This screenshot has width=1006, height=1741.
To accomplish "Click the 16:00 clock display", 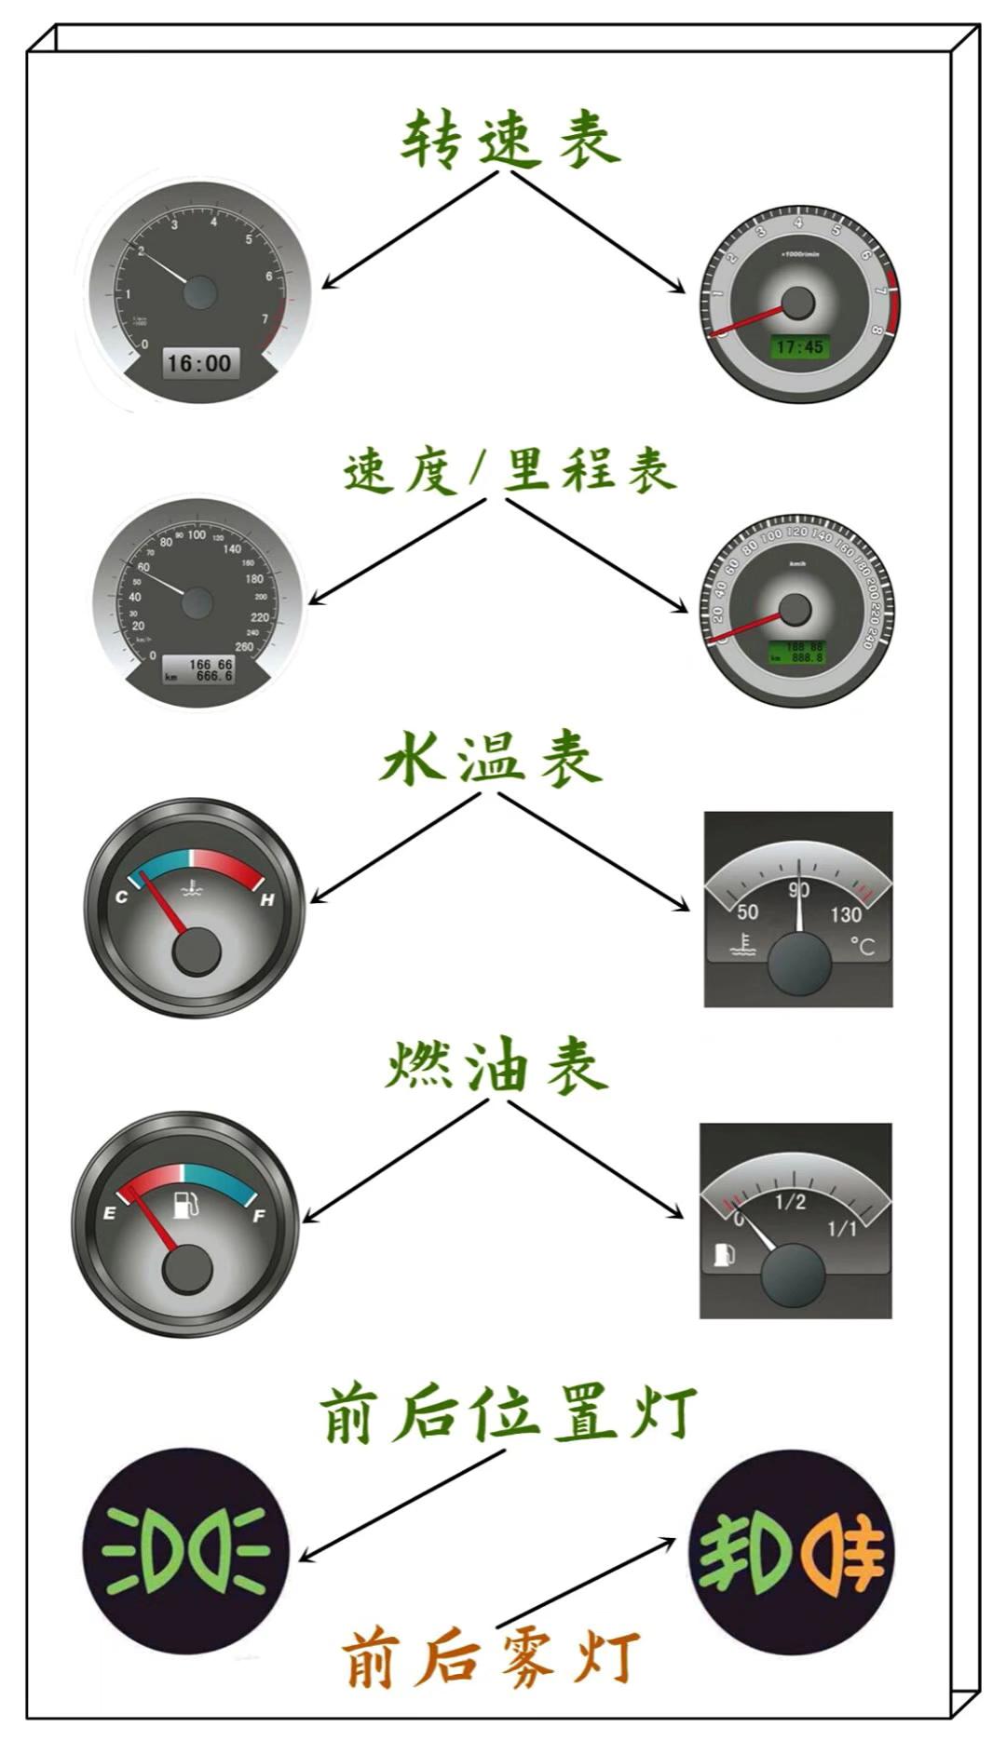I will (198, 362).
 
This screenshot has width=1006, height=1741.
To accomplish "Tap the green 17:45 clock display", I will (799, 347).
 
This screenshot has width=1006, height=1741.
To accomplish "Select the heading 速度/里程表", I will (510, 470).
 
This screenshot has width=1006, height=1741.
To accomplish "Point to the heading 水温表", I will (491, 760).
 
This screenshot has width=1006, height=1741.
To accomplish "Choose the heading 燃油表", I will (496, 1067).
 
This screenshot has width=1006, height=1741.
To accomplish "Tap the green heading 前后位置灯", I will (508, 1414).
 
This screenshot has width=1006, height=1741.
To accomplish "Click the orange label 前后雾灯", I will (491, 1657).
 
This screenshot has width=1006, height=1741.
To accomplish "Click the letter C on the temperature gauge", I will (121, 897).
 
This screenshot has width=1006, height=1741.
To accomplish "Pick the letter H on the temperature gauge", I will (267, 899).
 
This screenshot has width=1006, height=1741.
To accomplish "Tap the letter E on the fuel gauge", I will (110, 1213).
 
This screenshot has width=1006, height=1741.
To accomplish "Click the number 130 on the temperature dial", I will (845, 915).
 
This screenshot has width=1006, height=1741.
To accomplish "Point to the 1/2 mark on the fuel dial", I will (790, 1202).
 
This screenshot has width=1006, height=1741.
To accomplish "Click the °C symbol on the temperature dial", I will (863, 947).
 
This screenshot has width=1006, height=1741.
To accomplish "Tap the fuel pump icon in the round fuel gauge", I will (185, 1204).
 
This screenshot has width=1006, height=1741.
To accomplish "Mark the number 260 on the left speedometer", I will (244, 646).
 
